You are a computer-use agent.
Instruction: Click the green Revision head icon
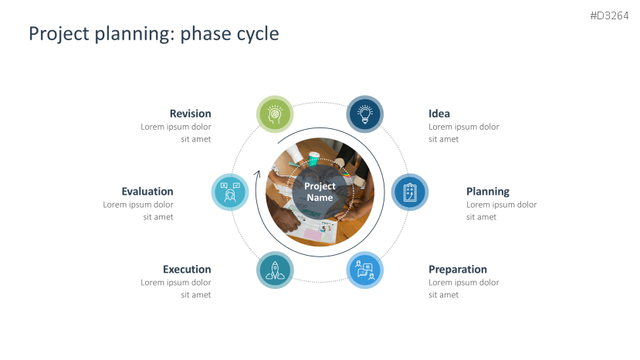click(x=275, y=114)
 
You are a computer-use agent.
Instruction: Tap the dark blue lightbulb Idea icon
click(x=365, y=114)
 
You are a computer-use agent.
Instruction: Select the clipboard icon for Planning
click(x=410, y=192)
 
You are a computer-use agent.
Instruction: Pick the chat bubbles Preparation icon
click(x=365, y=270)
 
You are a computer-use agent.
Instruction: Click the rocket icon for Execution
click(x=275, y=270)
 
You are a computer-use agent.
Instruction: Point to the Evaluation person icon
click(x=230, y=192)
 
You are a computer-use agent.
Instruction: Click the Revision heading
click(x=190, y=114)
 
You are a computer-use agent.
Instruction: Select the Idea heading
click(x=439, y=114)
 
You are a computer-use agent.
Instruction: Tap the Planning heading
click(x=488, y=192)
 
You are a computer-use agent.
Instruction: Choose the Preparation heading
click(x=458, y=270)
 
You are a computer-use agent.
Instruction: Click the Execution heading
click(x=187, y=270)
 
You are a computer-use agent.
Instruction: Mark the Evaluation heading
click(x=147, y=192)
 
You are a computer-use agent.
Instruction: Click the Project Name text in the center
click(x=320, y=192)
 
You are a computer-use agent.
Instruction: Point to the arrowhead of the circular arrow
click(x=258, y=174)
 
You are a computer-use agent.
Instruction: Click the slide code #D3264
click(x=609, y=16)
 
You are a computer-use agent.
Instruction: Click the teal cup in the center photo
click(x=313, y=159)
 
